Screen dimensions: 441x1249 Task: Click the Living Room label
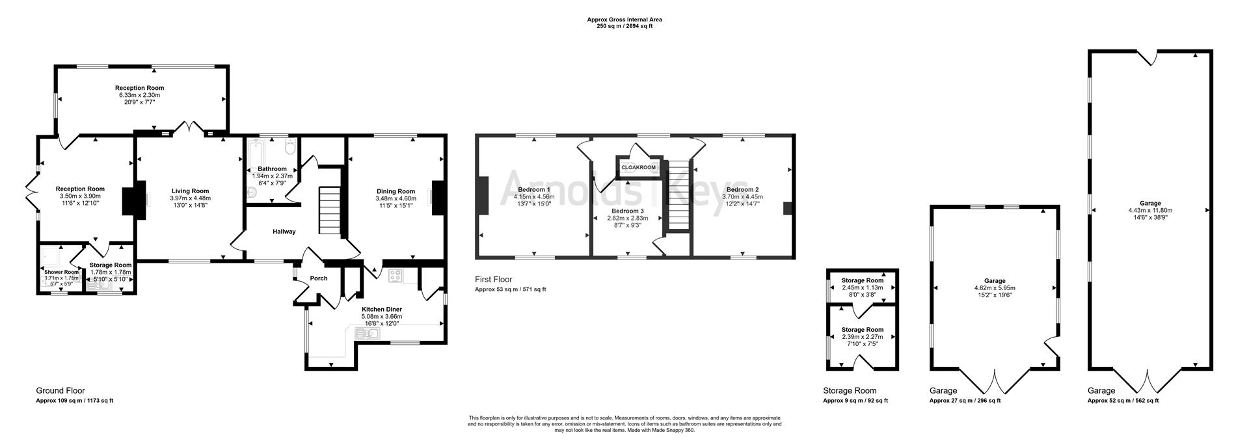[190, 191]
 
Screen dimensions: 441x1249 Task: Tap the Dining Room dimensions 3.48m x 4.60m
[395, 198]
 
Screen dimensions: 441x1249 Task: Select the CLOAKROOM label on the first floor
[638, 168]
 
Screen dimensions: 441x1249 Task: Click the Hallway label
[284, 232]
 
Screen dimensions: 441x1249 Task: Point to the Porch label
[319, 278]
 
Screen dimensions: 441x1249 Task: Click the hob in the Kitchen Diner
[395, 276]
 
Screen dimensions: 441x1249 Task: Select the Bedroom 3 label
[628, 211]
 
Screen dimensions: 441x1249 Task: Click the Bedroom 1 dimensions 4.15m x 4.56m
[533, 196]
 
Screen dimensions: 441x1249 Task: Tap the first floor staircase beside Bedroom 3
[678, 195]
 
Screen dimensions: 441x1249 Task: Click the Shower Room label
[61, 272]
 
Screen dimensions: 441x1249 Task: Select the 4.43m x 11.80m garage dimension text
[1150, 210]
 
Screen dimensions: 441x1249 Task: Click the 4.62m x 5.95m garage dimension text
[995, 288]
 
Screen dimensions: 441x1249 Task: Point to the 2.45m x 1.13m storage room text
[862, 287]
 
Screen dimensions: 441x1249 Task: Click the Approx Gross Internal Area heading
[624, 20]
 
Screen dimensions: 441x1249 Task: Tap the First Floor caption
[493, 280]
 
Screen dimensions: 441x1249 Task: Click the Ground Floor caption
[60, 391]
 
